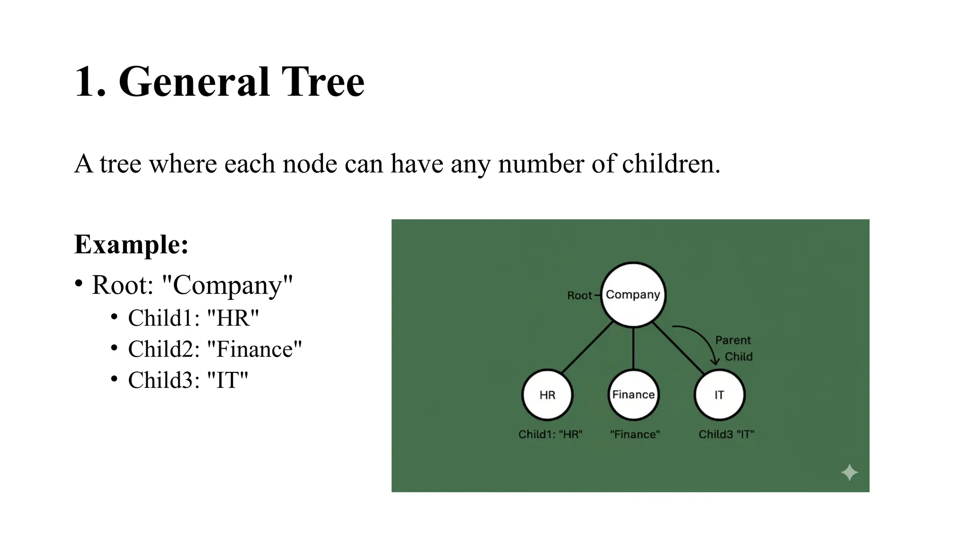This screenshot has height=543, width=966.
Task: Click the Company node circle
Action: click(633, 295)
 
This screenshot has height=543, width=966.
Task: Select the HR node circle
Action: click(547, 395)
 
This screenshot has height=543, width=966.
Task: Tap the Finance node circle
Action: click(633, 395)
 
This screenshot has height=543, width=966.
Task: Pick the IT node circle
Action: click(719, 395)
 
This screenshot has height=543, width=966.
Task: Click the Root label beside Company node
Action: click(579, 296)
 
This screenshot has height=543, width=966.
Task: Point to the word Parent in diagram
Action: click(733, 340)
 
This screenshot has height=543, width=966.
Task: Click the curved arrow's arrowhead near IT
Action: click(715, 362)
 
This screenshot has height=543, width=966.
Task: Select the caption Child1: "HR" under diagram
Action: click(550, 434)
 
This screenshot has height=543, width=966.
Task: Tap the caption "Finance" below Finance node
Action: click(634, 434)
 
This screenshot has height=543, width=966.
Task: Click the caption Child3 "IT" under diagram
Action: click(726, 434)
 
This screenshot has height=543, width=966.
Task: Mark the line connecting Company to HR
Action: click(587, 348)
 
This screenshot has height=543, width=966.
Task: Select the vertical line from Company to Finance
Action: click(633, 349)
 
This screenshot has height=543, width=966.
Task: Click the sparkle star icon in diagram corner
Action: click(849, 472)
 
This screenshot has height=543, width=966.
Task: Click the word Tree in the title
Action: click(323, 82)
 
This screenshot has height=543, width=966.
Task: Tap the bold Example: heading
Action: click(131, 245)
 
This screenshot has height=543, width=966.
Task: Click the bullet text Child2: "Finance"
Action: click(215, 349)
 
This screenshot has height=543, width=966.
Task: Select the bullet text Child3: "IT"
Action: click(188, 380)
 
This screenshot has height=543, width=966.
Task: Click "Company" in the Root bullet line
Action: click(227, 285)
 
